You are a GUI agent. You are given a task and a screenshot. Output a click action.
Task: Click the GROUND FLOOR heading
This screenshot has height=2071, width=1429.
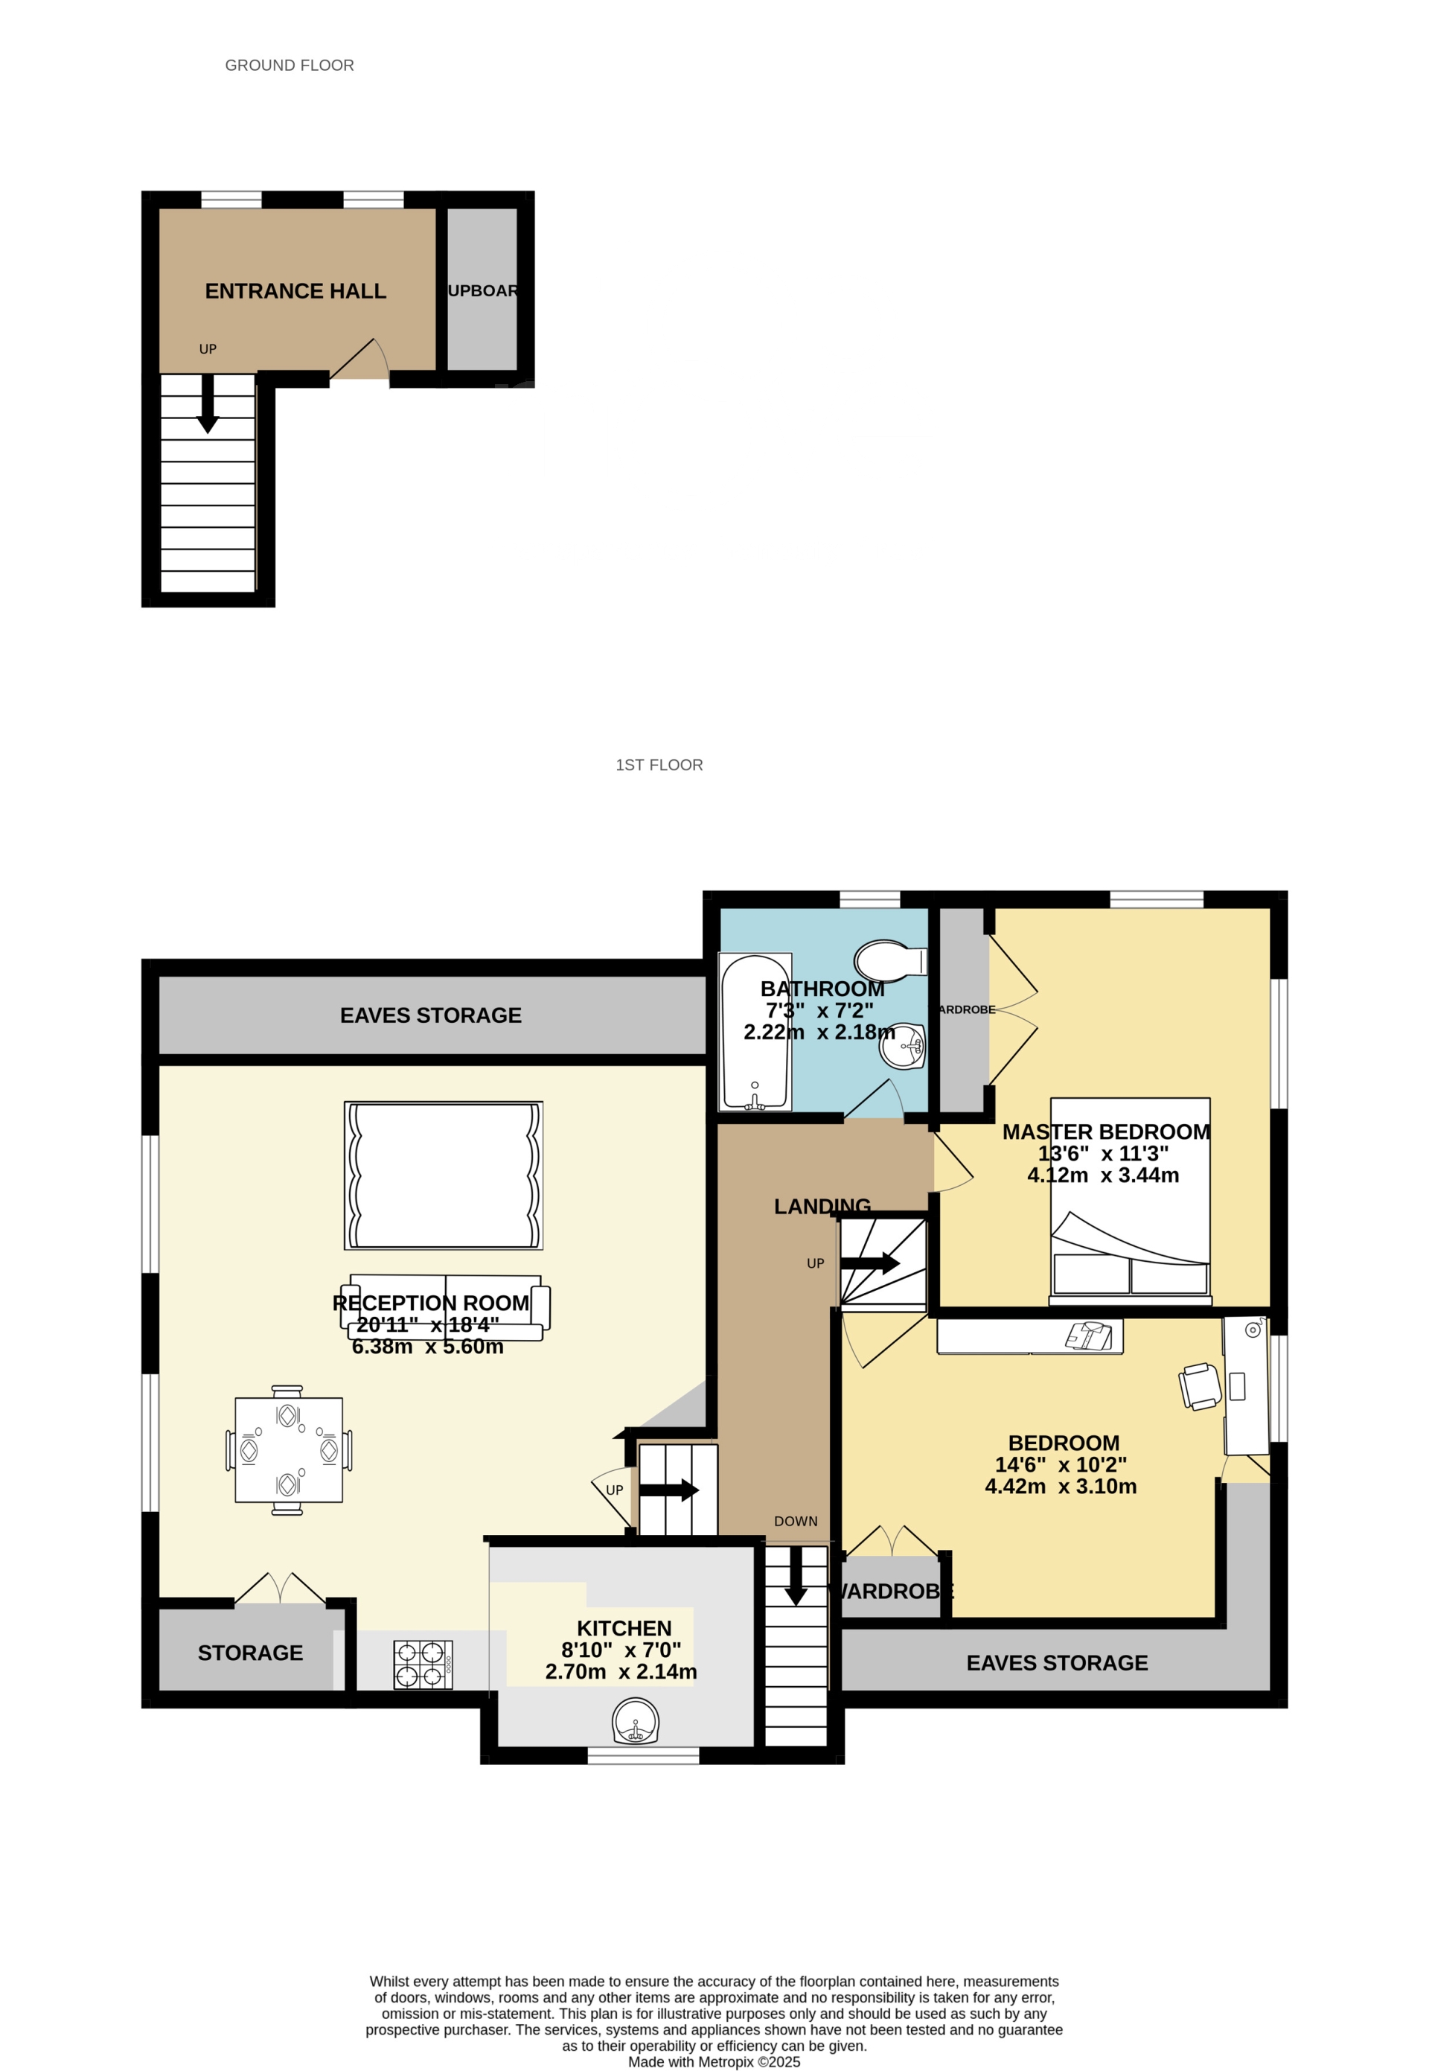pyautogui.click(x=290, y=66)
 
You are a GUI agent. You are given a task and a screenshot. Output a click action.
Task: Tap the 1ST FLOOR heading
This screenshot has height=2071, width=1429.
pyautogui.click(x=659, y=765)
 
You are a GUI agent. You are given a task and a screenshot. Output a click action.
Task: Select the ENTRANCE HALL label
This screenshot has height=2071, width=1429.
pyautogui.click(x=295, y=291)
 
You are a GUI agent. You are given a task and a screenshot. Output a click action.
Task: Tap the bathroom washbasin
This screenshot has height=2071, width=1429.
pyautogui.click(x=901, y=1045)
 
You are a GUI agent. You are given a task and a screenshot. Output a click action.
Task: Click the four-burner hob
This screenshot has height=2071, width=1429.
pyautogui.click(x=423, y=1665)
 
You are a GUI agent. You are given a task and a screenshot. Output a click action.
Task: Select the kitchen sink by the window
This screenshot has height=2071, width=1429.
pyautogui.click(x=636, y=1721)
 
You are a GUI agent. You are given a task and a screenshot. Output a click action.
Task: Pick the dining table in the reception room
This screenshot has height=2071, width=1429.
pyautogui.click(x=288, y=1449)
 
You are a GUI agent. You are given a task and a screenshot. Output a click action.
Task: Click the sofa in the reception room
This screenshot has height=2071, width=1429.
pyautogui.click(x=445, y=1307)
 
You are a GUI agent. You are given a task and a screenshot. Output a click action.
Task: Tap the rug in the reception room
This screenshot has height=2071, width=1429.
pyautogui.click(x=443, y=1175)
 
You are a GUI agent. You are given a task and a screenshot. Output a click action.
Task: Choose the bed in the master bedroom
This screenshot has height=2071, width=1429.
pyautogui.click(x=1130, y=1200)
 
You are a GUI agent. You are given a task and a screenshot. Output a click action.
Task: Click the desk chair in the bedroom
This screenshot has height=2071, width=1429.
pyautogui.click(x=1200, y=1385)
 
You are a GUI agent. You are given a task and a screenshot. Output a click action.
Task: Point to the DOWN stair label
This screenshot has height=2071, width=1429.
pyautogui.click(x=795, y=1522)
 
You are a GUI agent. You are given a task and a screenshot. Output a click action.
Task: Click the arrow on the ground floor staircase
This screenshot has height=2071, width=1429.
pyautogui.click(x=208, y=406)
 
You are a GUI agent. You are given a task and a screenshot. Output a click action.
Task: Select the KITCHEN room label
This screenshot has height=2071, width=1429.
pyautogui.click(x=624, y=1629)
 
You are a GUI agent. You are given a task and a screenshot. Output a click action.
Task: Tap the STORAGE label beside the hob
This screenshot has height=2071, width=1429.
pyautogui.click(x=250, y=1653)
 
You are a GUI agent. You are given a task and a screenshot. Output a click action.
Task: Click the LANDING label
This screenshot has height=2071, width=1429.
pyautogui.click(x=822, y=1206)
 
